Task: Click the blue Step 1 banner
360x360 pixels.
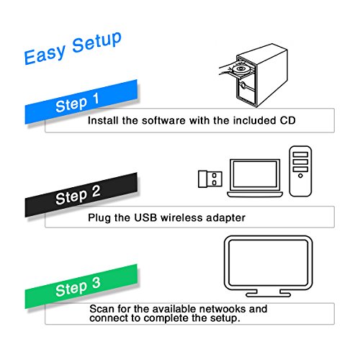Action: click(x=81, y=102)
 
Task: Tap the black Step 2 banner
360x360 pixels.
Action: click(x=81, y=195)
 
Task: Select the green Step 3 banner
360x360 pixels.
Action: click(x=81, y=287)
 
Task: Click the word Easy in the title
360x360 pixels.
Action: click(x=45, y=55)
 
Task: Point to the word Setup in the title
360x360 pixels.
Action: click(x=97, y=42)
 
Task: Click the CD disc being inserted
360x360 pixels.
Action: click(x=240, y=69)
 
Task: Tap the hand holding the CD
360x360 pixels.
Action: click(x=226, y=68)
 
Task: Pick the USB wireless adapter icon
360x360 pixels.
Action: click(x=210, y=179)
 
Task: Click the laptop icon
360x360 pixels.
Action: click(x=255, y=178)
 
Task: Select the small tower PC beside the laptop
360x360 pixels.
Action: click(x=300, y=171)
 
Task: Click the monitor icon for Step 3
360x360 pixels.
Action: click(x=269, y=266)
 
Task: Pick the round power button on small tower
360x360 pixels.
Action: click(x=300, y=176)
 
